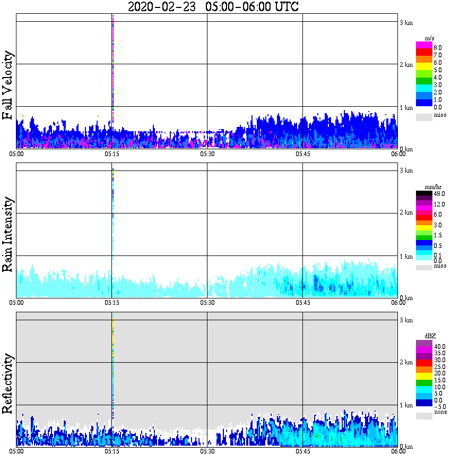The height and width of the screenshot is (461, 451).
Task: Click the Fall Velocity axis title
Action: click(x=8, y=86)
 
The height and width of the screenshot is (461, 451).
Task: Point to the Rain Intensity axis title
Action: click(x=8, y=234)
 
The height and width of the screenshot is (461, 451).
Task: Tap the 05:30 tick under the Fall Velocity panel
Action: click(x=207, y=154)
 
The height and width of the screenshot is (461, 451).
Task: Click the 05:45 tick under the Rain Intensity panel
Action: click(x=302, y=303)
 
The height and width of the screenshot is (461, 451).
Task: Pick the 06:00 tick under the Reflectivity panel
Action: click(x=398, y=451)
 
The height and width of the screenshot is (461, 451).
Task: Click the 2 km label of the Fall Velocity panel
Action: click(x=405, y=65)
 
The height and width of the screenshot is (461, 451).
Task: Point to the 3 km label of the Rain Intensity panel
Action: click(x=405, y=170)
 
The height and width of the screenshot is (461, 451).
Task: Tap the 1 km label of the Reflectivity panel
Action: click(x=405, y=405)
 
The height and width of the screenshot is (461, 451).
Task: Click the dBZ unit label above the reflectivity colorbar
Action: click(x=430, y=336)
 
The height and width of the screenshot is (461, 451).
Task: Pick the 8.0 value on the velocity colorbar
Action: click(x=438, y=47)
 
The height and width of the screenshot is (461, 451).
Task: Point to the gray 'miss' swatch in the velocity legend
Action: click(x=424, y=117)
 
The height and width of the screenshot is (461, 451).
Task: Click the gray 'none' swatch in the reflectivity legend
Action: click(x=424, y=416)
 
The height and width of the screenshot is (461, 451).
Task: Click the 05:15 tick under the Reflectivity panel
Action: click(x=111, y=451)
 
